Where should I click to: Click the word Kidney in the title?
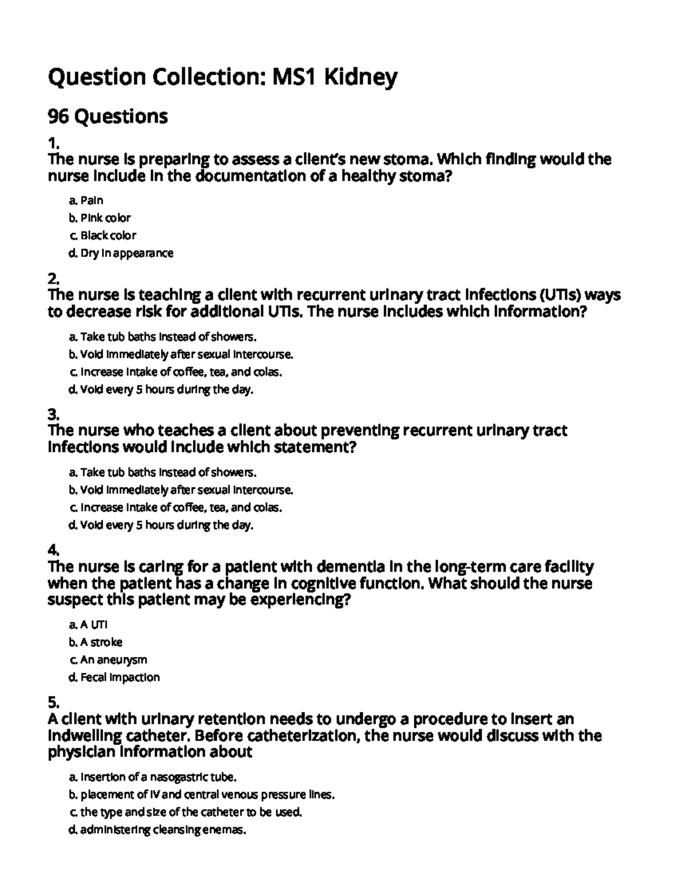pyautogui.click(x=360, y=77)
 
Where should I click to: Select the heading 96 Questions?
pyautogui.click(x=108, y=116)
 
